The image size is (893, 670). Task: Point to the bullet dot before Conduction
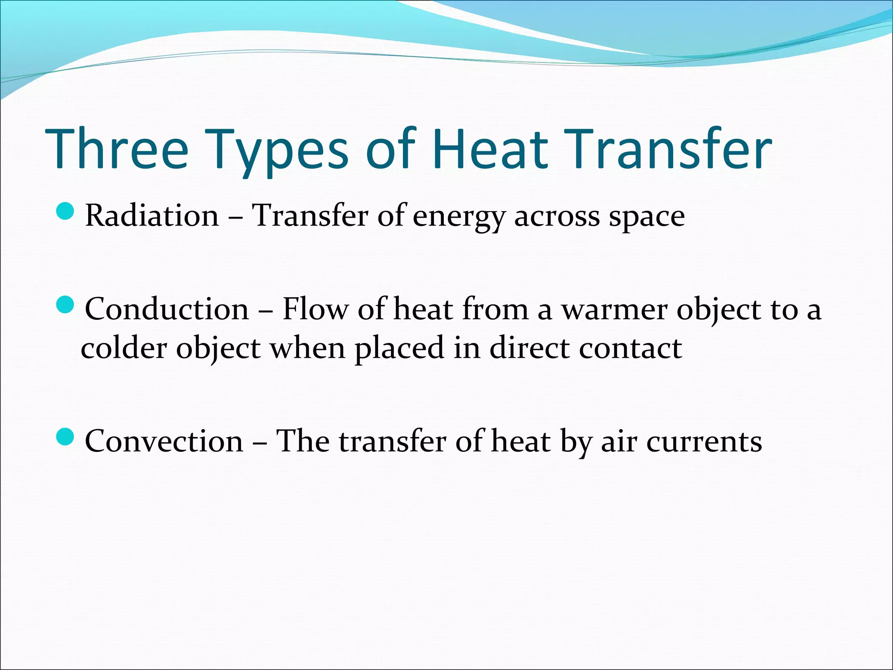point(66,304)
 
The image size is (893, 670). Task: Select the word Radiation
point(152,215)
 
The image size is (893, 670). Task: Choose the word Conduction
point(167,309)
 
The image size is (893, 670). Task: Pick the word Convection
point(164,441)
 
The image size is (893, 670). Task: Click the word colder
point(124,348)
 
